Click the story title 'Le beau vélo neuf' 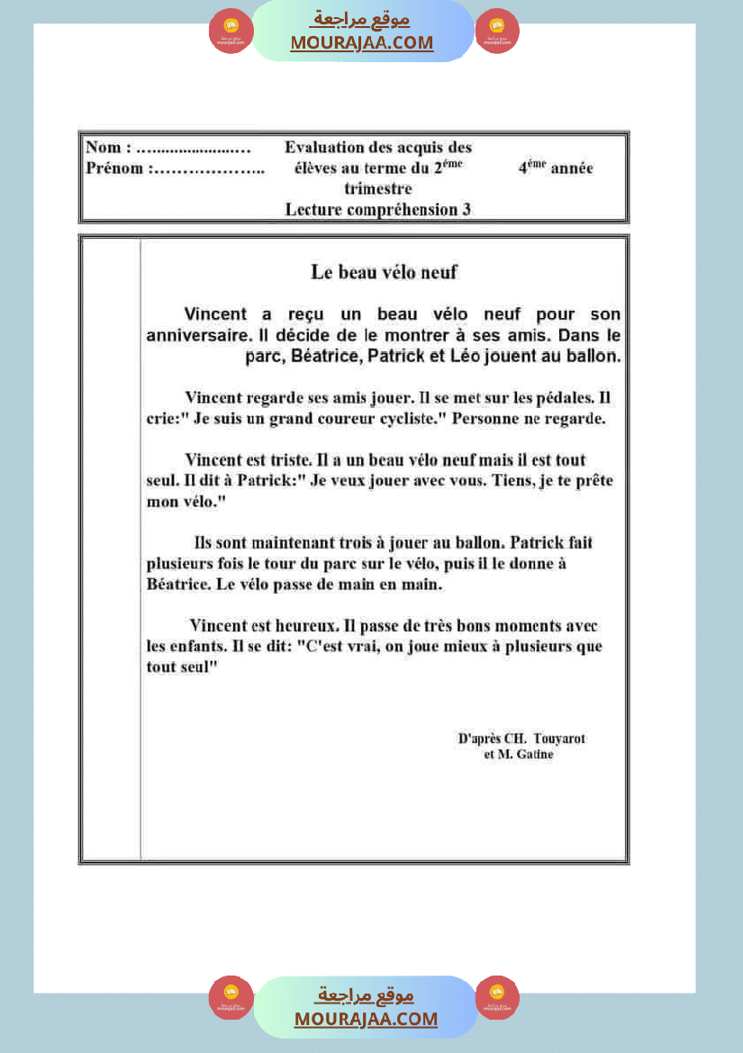point(385,271)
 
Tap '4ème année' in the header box point(555,168)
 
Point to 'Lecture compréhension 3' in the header point(377,210)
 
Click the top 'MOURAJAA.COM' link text point(361,43)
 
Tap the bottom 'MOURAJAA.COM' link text point(366,1019)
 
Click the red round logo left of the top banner point(231,32)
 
